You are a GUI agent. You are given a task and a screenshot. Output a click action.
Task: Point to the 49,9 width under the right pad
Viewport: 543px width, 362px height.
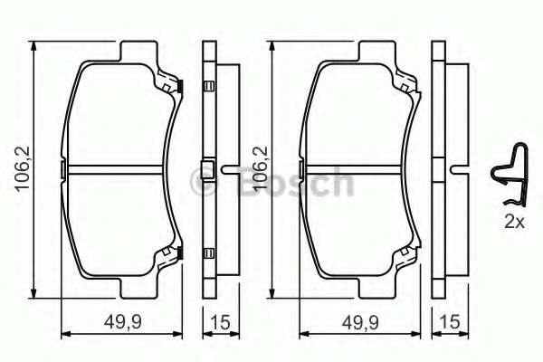click(357, 322)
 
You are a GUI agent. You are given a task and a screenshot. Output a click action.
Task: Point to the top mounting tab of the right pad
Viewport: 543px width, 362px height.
click(370, 50)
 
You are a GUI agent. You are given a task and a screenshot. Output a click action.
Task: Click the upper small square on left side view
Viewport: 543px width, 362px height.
click(208, 87)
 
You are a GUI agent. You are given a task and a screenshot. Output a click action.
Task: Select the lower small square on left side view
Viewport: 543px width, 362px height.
click(208, 252)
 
